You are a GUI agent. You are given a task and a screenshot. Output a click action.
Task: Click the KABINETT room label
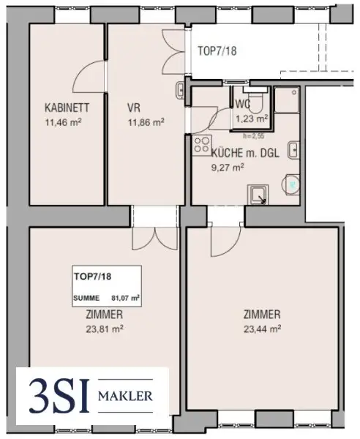(67, 108)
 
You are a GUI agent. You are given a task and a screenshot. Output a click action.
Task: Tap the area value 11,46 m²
(63, 122)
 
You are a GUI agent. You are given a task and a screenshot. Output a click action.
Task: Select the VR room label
(134, 108)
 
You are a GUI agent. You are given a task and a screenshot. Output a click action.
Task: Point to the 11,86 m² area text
(146, 122)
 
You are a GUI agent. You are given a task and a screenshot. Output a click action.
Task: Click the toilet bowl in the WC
(256, 102)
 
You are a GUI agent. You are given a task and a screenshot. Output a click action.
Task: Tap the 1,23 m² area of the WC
(252, 119)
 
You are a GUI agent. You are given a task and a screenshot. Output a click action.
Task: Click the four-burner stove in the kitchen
(201, 145)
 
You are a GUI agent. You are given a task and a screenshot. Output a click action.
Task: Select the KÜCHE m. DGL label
(245, 153)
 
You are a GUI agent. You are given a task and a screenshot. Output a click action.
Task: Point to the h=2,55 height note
(254, 137)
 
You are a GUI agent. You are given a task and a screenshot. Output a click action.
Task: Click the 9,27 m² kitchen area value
(228, 168)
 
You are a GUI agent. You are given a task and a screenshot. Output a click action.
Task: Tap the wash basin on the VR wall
(180, 90)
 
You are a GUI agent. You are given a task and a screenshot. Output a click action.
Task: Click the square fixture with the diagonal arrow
(258, 195)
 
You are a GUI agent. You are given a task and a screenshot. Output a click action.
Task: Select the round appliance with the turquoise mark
(291, 184)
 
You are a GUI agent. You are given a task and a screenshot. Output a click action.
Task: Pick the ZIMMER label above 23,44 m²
(262, 315)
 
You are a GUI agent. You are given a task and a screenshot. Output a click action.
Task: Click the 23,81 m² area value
(105, 329)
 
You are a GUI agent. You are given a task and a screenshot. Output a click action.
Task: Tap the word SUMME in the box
(86, 299)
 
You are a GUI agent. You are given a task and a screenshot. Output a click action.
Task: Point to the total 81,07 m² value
(125, 298)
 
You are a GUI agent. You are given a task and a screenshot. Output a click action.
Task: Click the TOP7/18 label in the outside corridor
(217, 51)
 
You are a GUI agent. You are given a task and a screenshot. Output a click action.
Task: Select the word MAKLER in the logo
(125, 396)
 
